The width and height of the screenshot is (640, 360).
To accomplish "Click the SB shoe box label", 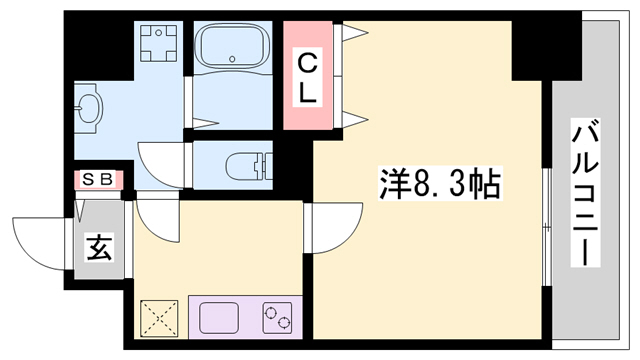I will (97, 180).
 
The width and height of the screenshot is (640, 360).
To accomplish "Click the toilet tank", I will (264, 163).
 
